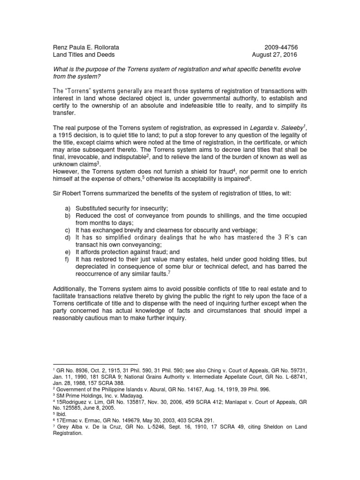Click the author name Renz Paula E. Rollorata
click(86, 47)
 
